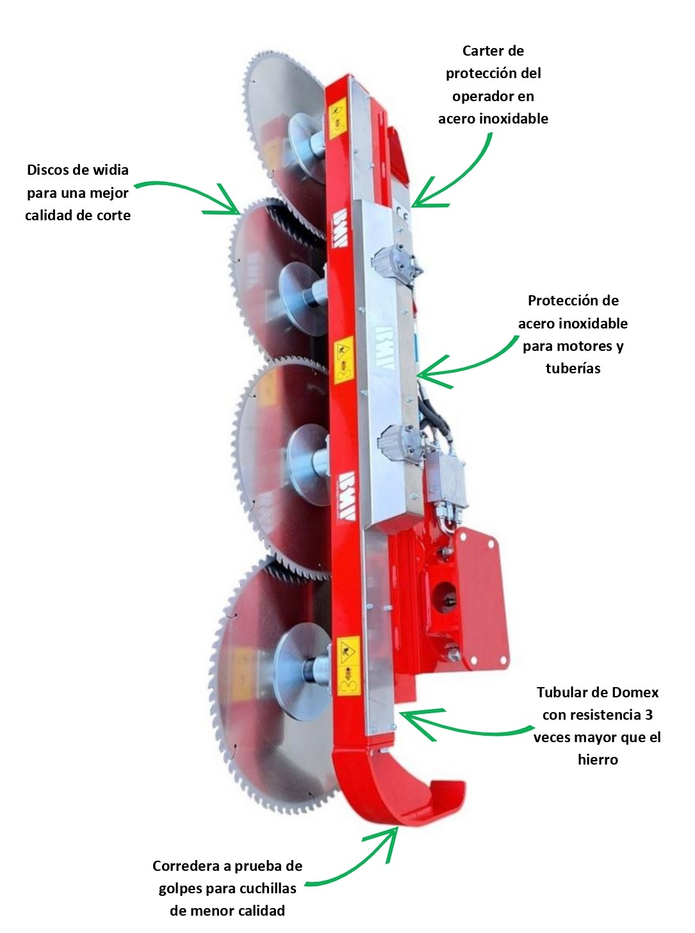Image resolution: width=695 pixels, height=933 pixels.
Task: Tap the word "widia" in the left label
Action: tap(111, 170)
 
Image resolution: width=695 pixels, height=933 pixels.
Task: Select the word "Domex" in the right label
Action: tap(635, 692)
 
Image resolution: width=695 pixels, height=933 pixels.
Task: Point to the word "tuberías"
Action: tap(573, 368)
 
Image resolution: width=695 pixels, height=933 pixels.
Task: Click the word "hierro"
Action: tap(597, 759)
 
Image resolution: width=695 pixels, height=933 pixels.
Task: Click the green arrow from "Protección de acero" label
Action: tap(468, 365)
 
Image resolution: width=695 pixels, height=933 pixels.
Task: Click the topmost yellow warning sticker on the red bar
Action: tap(337, 119)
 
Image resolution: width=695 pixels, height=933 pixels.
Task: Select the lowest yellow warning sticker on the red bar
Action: tap(348, 666)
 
